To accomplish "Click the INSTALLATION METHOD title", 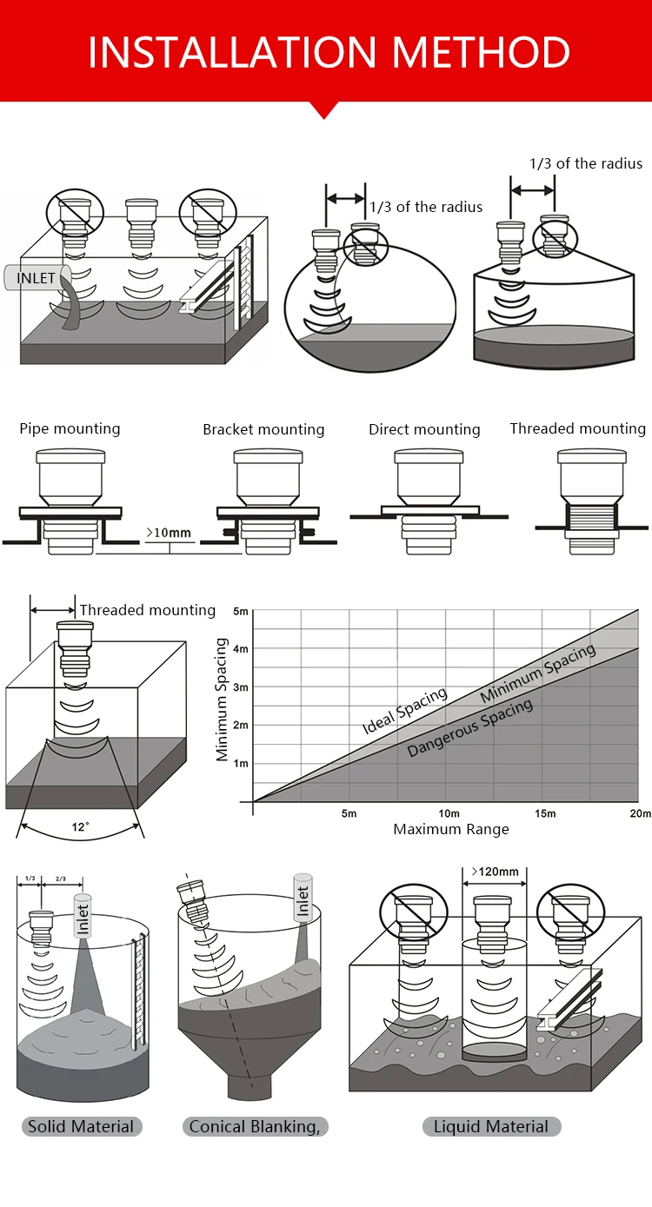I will [x=329, y=51].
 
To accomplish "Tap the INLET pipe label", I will [x=37, y=279].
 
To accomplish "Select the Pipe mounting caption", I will [x=70, y=428].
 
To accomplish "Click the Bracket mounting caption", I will [x=263, y=429].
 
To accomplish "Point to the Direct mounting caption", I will [x=424, y=429].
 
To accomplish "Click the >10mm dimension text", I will [x=169, y=531].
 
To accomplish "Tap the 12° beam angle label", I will [x=80, y=826].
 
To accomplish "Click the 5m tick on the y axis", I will [x=241, y=612].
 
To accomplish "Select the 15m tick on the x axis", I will [x=545, y=813].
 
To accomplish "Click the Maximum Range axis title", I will [x=451, y=829].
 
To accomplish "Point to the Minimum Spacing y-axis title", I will [x=222, y=700].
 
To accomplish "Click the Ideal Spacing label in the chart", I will [x=404, y=711].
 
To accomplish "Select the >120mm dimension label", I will [x=494, y=872].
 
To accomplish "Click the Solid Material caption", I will [x=81, y=1127].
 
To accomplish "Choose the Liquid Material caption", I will [x=491, y=1127].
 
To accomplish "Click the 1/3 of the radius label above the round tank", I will [x=426, y=207].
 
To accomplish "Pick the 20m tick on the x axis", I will [x=641, y=813].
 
